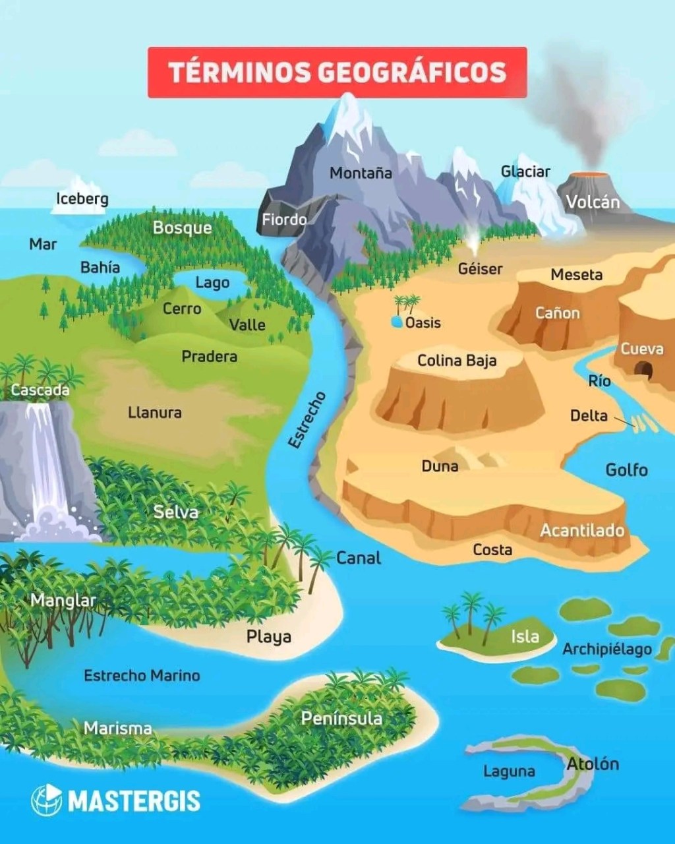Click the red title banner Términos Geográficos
click(x=337, y=72)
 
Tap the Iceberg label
click(x=82, y=198)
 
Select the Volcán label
click(x=593, y=202)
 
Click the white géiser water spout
click(x=473, y=240)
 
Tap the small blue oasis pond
click(x=397, y=322)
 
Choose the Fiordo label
click(x=284, y=220)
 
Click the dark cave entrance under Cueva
click(x=643, y=370)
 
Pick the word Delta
click(x=588, y=415)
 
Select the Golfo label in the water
click(x=626, y=469)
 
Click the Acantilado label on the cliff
click(x=582, y=530)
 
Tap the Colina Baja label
click(x=457, y=361)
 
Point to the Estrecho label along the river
click(x=307, y=420)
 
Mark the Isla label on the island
click(x=525, y=636)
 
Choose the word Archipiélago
click(x=606, y=649)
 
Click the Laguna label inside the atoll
click(x=509, y=771)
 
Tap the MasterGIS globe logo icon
click(x=46, y=800)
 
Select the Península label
click(x=341, y=717)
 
